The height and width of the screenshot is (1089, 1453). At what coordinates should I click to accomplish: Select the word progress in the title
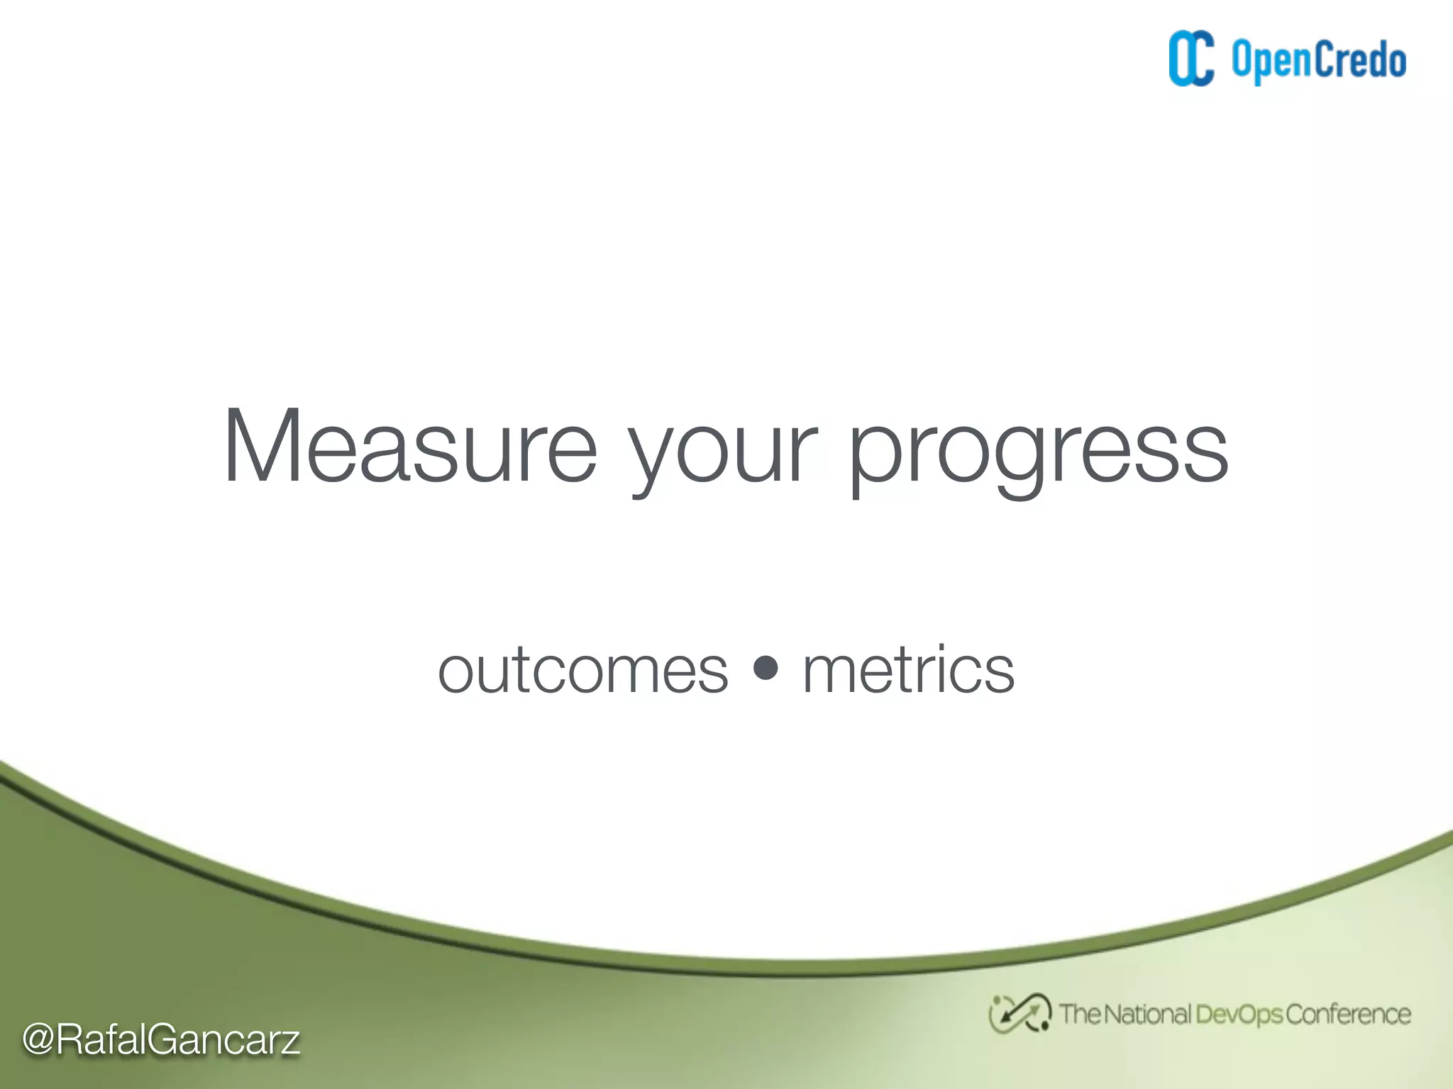coord(1037,454)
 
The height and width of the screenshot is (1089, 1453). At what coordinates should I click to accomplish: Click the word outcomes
coord(583,671)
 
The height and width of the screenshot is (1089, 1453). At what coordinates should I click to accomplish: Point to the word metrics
coord(908,671)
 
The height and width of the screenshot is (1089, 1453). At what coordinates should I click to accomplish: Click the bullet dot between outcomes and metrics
coord(766,667)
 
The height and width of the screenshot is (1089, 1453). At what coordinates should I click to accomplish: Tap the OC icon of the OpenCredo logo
coord(1191,59)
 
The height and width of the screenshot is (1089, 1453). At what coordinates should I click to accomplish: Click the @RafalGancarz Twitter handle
coord(161,1040)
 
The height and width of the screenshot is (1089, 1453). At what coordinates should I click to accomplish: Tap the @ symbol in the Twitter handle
coord(38,1040)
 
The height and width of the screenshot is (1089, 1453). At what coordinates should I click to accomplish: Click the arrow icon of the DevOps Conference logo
coord(1020,1014)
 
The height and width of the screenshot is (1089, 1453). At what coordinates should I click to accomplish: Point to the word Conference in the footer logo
coord(1347,1015)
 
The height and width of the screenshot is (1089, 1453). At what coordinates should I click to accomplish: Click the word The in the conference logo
coord(1079,1015)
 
